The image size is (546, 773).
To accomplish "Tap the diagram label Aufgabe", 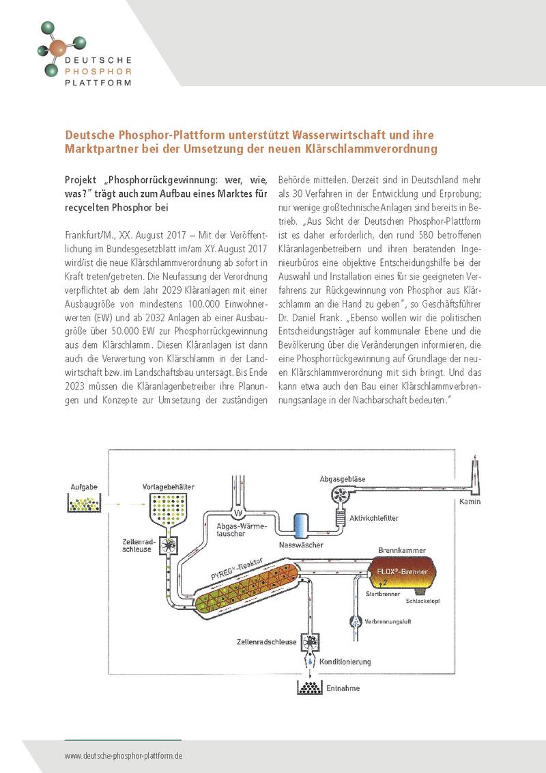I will pos(84,487).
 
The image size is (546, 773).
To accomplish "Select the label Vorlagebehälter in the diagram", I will pos(169,487).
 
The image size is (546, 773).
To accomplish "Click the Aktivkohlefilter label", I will pos(373,518).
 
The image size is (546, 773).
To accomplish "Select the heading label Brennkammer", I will pos(402,550).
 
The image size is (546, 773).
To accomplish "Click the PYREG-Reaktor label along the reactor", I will pos(236,569).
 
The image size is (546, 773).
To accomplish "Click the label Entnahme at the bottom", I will pos(343,688).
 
